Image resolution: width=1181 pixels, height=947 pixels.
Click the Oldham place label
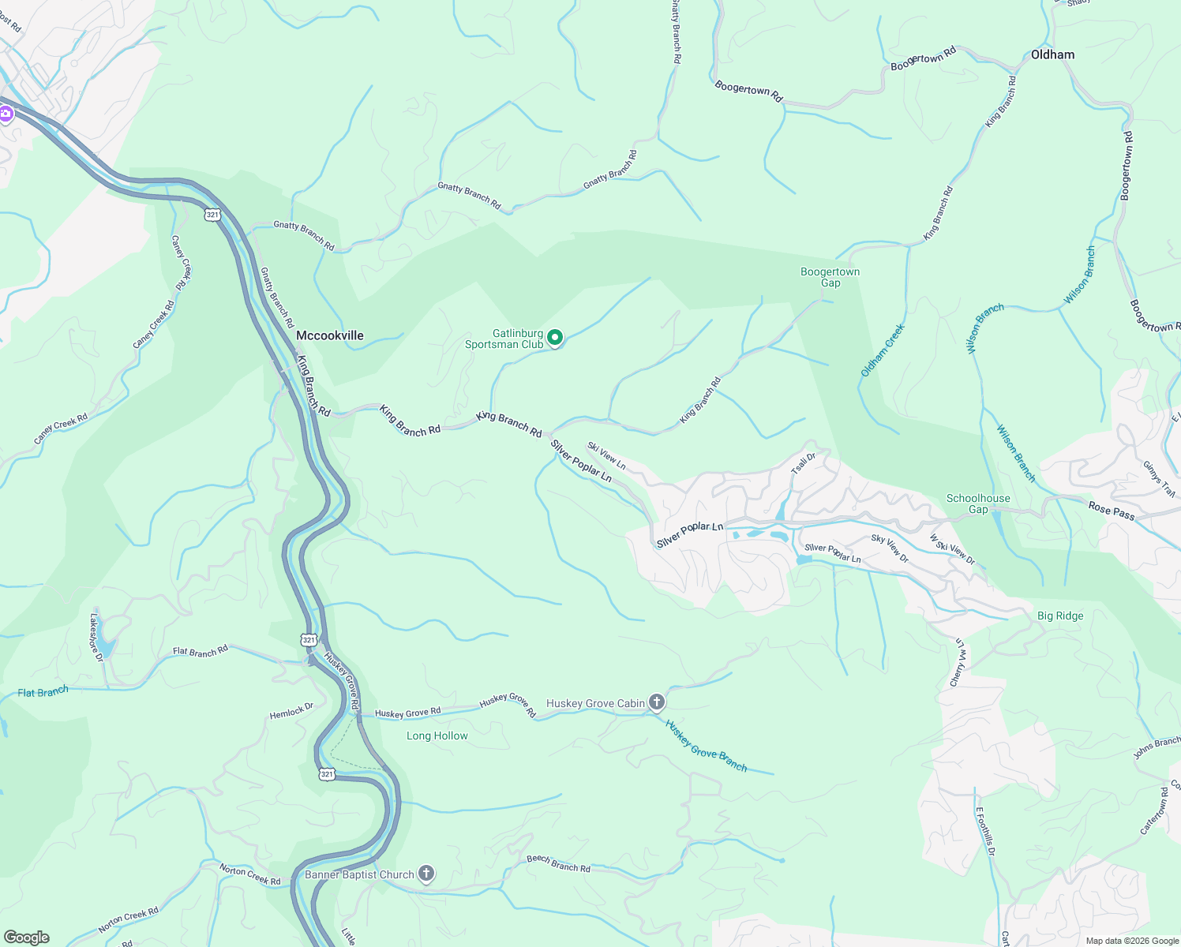[1052, 54]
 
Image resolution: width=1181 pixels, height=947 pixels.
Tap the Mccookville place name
[329, 335]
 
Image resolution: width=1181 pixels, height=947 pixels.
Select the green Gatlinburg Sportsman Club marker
[555, 339]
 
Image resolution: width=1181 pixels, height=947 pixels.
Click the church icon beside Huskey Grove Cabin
[656, 702]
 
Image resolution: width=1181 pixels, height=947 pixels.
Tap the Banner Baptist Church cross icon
[426, 873]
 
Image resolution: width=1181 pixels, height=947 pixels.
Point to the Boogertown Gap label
[830, 277]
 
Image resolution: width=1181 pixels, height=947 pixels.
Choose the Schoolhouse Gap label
[978, 503]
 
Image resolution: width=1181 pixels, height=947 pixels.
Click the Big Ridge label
[1059, 616]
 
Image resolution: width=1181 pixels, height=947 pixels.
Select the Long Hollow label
[437, 736]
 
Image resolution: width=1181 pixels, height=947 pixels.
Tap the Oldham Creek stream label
[882, 350]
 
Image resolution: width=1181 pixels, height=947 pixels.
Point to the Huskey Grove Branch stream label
[705, 745]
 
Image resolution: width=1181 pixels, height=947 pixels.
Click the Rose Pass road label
[1111, 511]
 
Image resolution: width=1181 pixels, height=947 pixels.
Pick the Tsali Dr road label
[803, 464]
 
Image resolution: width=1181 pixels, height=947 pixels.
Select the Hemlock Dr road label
[291, 711]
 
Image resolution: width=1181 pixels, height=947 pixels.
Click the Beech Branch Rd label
[558, 863]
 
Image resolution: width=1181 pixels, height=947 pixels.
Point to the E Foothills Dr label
[985, 832]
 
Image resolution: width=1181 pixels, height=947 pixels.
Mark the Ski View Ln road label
[606, 455]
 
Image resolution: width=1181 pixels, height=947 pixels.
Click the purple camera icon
[6, 114]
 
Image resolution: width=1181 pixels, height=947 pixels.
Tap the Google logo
[26, 937]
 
